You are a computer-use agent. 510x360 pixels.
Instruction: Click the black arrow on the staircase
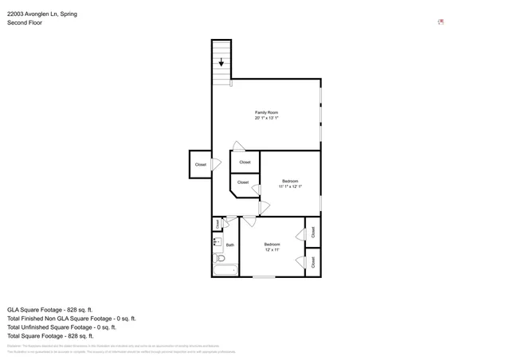[222, 61]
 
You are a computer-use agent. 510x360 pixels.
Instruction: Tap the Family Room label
[266, 112]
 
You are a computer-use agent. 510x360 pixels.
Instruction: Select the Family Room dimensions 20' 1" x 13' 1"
[266, 118]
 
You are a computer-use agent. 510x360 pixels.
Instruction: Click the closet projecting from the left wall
[200, 165]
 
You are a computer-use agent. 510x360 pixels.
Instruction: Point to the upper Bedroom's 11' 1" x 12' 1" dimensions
[290, 186]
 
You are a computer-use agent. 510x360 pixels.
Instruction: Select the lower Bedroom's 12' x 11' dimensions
[272, 249]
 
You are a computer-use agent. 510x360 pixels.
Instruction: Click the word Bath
[229, 245]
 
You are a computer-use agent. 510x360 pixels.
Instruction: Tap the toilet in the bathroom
[218, 258]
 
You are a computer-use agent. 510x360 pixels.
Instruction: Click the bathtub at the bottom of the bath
[225, 271]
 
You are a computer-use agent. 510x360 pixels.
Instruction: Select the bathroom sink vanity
[217, 241]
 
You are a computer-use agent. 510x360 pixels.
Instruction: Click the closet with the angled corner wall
[243, 183]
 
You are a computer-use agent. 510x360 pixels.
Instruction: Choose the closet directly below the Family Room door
[245, 162]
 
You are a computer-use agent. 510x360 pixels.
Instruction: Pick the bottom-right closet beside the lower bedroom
[313, 261]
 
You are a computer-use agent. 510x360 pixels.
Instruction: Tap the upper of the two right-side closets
[313, 232]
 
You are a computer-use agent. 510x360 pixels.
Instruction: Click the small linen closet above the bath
[217, 224]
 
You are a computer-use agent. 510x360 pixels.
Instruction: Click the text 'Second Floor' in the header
[24, 23]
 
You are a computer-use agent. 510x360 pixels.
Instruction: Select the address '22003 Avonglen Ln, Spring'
[44, 13]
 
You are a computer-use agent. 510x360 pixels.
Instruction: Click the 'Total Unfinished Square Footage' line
[61, 327]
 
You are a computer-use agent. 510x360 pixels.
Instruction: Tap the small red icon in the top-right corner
[441, 22]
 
